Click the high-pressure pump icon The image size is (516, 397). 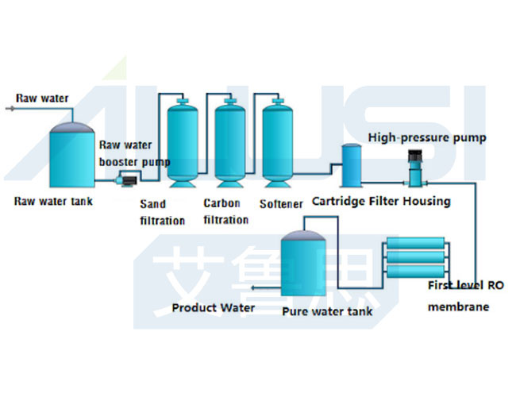[x=414, y=167]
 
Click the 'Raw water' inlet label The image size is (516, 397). [x=42, y=98]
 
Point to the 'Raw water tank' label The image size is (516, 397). [x=53, y=201]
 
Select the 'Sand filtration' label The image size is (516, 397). [x=163, y=212]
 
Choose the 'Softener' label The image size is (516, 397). [x=281, y=204]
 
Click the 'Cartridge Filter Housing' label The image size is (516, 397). [x=380, y=201]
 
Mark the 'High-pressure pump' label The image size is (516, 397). [x=427, y=137]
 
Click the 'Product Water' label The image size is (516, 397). [x=214, y=307]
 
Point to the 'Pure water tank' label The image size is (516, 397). [x=327, y=311]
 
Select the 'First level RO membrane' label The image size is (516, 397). [x=464, y=295]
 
